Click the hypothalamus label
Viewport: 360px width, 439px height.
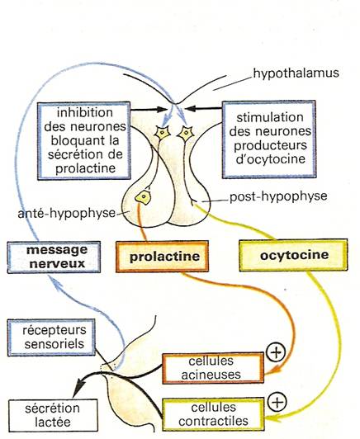pyautogui.click(x=296, y=73)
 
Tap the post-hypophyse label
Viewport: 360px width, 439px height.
pyautogui.click(x=278, y=196)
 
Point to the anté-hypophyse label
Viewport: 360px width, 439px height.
pyautogui.click(x=66, y=214)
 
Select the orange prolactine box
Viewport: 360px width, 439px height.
pyautogui.click(x=162, y=256)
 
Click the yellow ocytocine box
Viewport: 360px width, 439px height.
pyautogui.click(x=293, y=255)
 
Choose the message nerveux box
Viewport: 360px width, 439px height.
pyautogui.click(x=54, y=257)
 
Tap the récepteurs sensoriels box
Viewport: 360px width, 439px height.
pyautogui.click(x=51, y=338)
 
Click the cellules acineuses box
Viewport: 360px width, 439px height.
pyautogui.click(x=213, y=368)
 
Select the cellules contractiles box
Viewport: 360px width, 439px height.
pyautogui.click(x=213, y=414)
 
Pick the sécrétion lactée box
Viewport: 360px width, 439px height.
pyautogui.click(x=53, y=415)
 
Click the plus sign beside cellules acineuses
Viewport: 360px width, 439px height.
pyautogui.click(x=276, y=352)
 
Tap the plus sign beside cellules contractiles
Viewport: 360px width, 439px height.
pyautogui.click(x=277, y=402)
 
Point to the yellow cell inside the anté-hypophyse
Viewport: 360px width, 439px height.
pyautogui.click(x=144, y=197)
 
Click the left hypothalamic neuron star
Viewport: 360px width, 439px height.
pyautogui.click(x=163, y=133)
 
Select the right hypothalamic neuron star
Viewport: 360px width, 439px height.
pyautogui.click(x=185, y=134)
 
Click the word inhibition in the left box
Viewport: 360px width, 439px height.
pyautogui.click(x=85, y=112)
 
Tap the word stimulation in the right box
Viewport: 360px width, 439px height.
pyautogui.click(x=270, y=117)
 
